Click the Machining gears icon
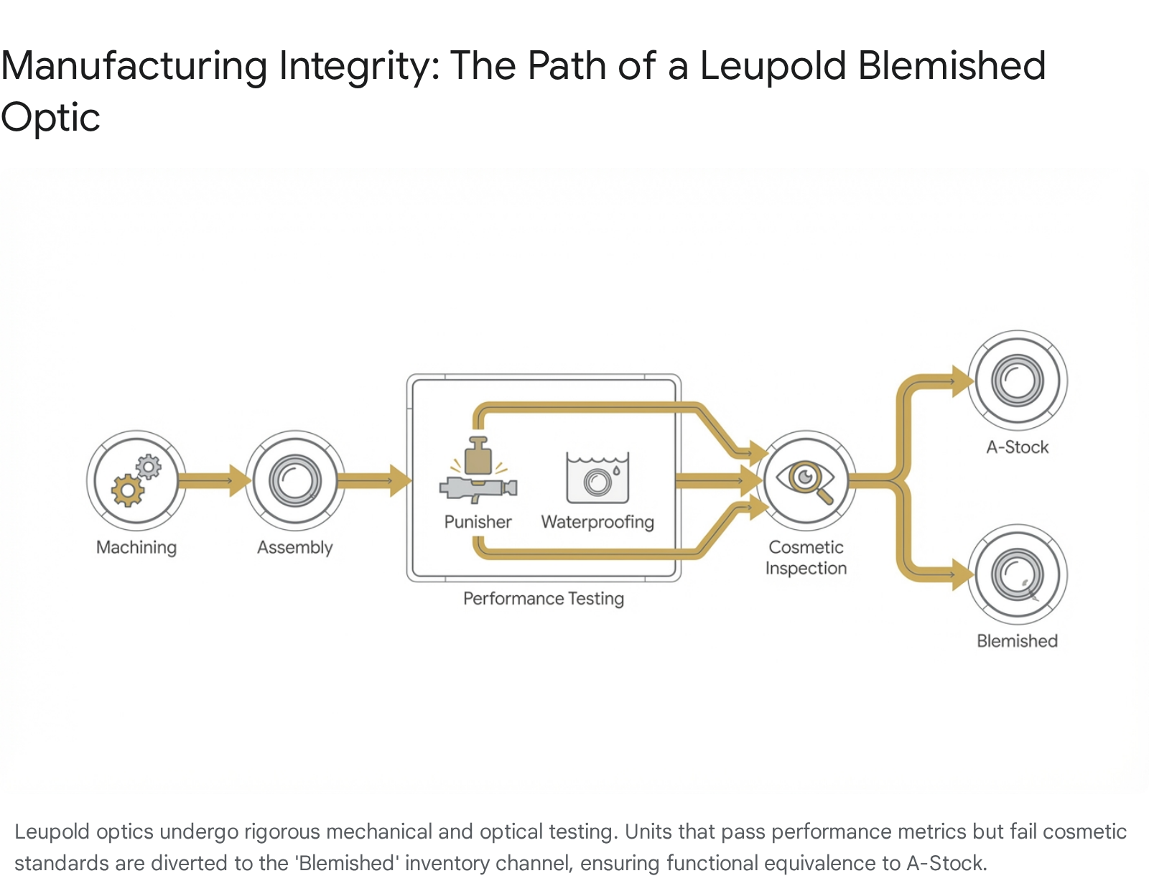click(x=136, y=480)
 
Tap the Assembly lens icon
click(x=295, y=480)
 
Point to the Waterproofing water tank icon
click(x=597, y=477)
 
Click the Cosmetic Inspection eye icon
click(x=806, y=479)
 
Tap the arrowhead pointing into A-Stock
click(x=961, y=381)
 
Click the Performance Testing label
click(x=544, y=598)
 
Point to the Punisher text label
click(x=478, y=522)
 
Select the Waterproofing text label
click(x=597, y=522)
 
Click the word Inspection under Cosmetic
click(x=806, y=568)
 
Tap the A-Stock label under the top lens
click(x=1018, y=447)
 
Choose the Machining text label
click(x=136, y=547)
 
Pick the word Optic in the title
click(x=50, y=118)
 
